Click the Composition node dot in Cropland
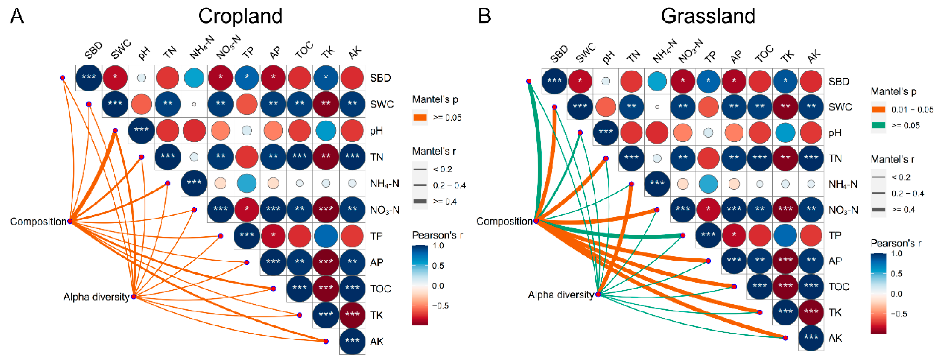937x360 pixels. (x=70, y=221)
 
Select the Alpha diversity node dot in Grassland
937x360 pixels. (x=598, y=294)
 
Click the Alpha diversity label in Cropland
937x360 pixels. (x=96, y=297)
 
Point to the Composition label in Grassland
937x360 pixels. (x=504, y=221)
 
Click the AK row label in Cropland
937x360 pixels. (x=376, y=341)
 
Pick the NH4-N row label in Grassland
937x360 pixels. (x=842, y=184)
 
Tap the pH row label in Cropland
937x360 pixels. (x=376, y=131)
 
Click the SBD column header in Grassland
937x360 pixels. (x=559, y=54)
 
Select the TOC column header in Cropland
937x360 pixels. (x=304, y=50)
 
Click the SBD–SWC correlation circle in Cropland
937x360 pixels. (x=115, y=78)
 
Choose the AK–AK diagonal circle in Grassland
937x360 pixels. (x=811, y=338)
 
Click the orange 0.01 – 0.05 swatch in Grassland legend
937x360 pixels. (x=878, y=109)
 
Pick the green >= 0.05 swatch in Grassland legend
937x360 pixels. (x=878, y=125)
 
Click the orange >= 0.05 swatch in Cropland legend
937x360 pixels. (x=420, y=117)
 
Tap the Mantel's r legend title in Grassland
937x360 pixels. (x=892, y=159)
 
